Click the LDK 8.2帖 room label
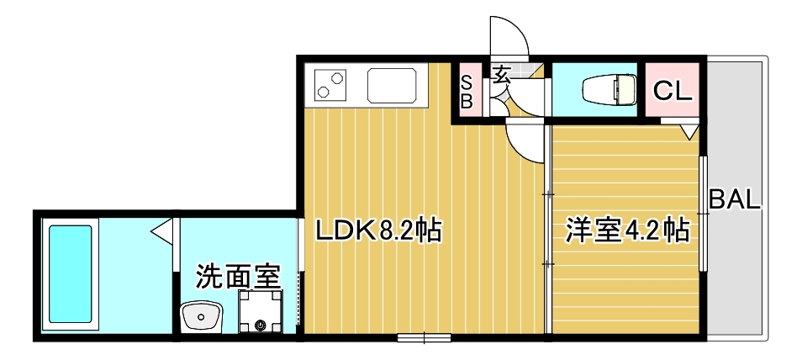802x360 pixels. (x=378, y=230)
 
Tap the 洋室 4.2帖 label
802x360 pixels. (x=626, y=230)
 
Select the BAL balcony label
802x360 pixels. (x=735, y=201)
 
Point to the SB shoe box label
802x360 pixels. (x=467, y=91)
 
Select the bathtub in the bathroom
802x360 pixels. (x=70, y=273)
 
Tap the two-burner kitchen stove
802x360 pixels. (x=331, y=84)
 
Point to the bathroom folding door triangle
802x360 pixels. (x=162, y=228)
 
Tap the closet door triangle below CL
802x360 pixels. (x=689, y=131)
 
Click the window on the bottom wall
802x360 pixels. (x=425, y=338)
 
